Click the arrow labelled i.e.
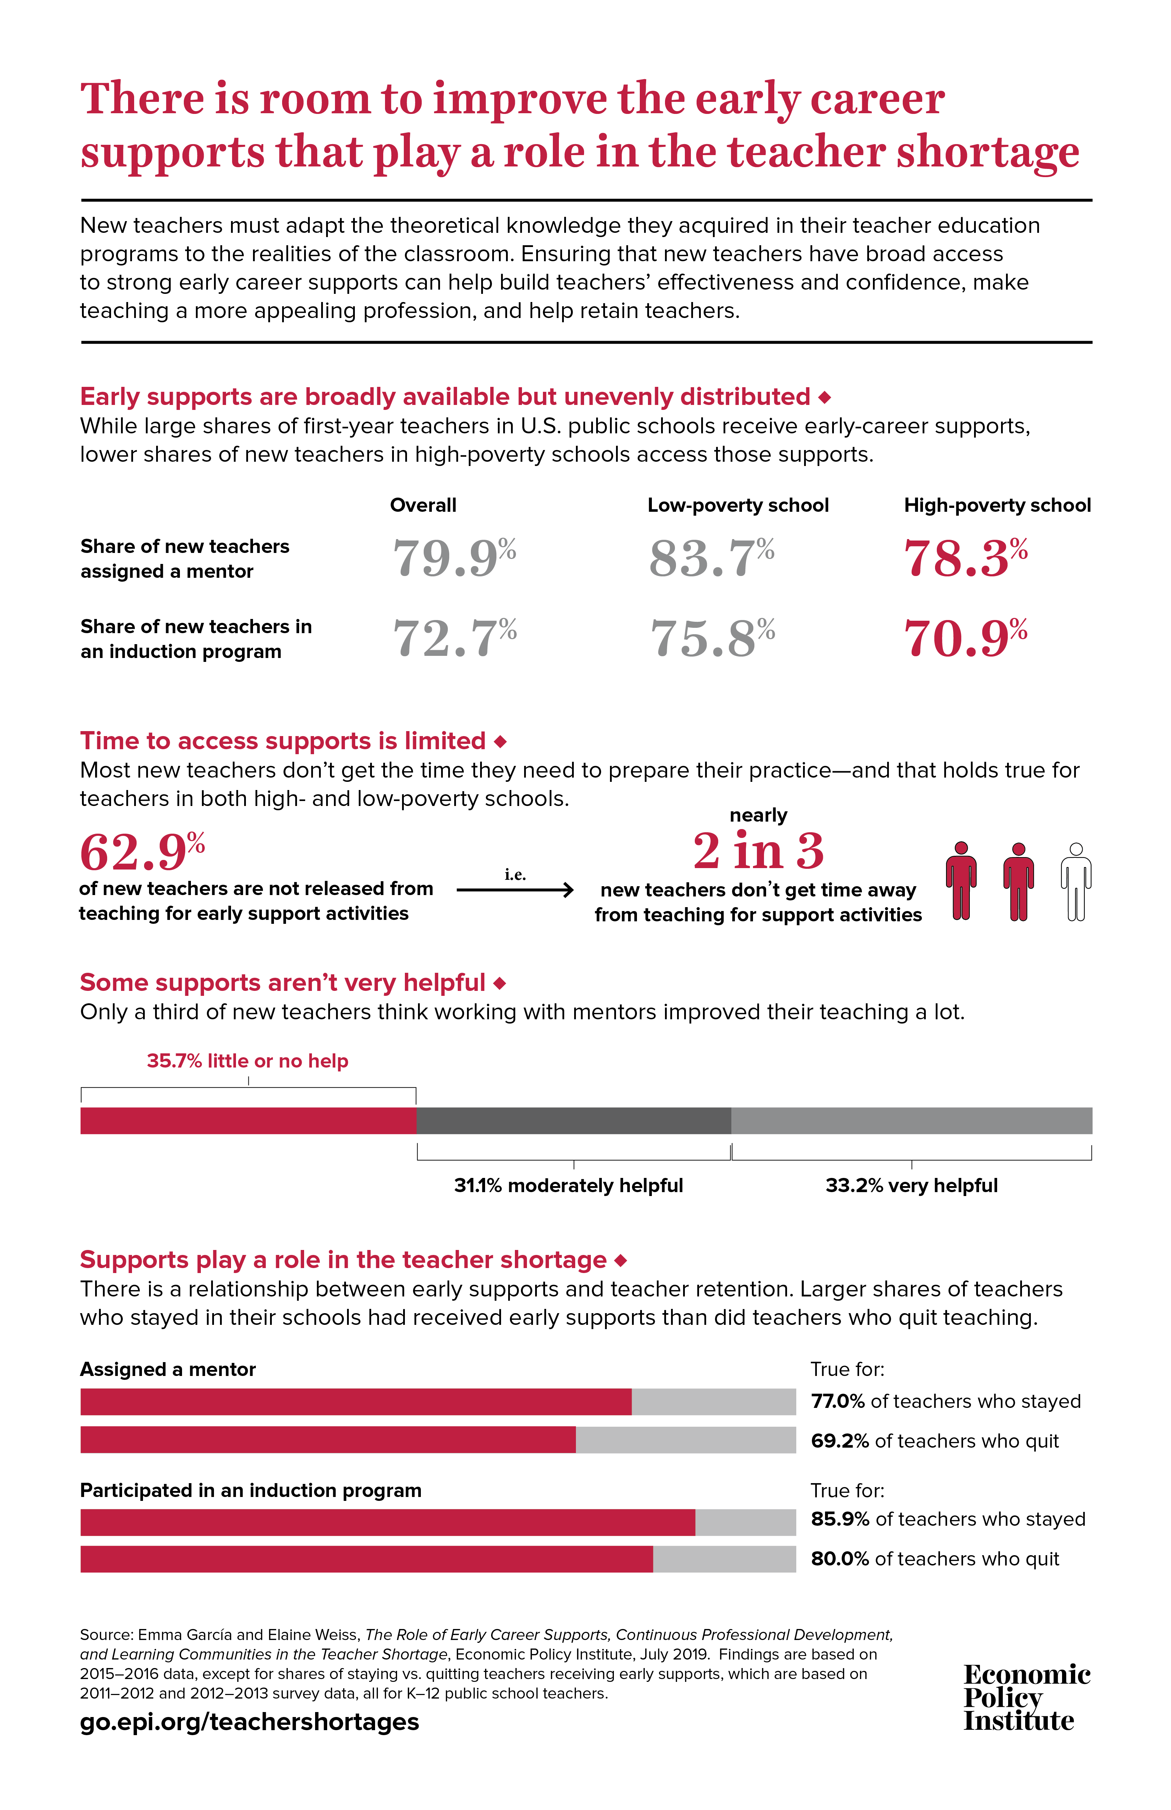coord(516,889)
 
